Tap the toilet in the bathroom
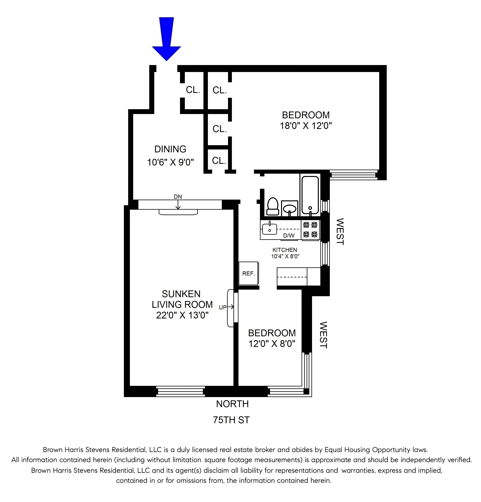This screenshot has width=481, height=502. [x=273, y=206]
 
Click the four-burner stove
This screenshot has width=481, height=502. [x=310, y=229]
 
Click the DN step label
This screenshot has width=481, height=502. [x=178, y=197]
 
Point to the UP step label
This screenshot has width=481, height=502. [x=222, y=307]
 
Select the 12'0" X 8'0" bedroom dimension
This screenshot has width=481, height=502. [x=272, y=343]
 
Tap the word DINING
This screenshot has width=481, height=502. [x=170, y=149]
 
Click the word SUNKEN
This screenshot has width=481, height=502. [x=181, y=294]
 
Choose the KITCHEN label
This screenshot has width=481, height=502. [x=285, y=250]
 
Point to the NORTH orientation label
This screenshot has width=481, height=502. [x=232, y=404]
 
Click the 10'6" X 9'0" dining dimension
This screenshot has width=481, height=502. [x=170, y=162]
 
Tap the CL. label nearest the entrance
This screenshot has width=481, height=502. [x=193, y=90]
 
